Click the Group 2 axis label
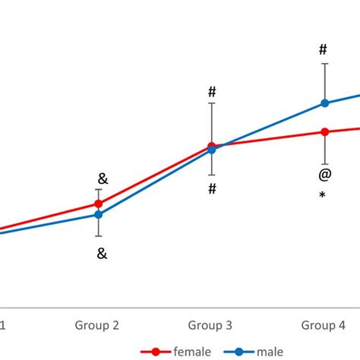pyautogui.click(x=96, y=326)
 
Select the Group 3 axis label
pyautogui.click(x=210, y=326)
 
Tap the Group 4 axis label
pyautogui.click(x=323, y=326)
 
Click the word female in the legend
pyautogui.click(x=191, y=352)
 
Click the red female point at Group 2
pyautogui.click(x=98, y=204)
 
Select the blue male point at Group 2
pyautogui.click(x=98, y=214)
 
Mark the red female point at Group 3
pyautogui.click(x=212, y=145)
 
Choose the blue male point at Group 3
pyautogui.click(x=212, y=150)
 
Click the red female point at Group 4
pyautogui.click(x=325, y=132)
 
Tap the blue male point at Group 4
pyautogui.click(x=325, y=103)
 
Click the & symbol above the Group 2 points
pyautogui.click(x=103, y=179)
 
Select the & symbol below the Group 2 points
pyautogui.click(x=102, y=254)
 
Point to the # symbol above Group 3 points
pyautogui.click(x=212, y=92)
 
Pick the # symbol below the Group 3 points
pyautogui.click(x=213, y=188)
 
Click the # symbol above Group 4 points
pyautogui.click(x=323, y=50)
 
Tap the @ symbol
pyautogui.click(x=324, y=175)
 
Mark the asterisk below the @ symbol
pyautogui.click(x=323, y=196)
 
